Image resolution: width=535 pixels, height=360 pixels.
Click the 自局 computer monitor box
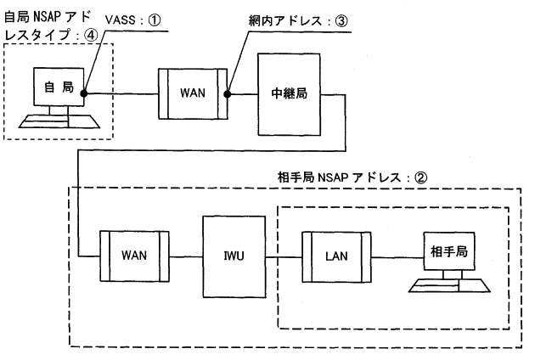point(59,87)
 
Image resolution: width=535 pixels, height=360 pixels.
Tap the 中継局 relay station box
point(289,94)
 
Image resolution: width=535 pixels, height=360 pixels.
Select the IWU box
point(234,256)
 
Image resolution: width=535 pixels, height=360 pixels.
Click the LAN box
point(336,257)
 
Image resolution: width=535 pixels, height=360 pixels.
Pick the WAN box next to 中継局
point(193,94)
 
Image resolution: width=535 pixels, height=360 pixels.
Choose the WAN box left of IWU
point(134,256)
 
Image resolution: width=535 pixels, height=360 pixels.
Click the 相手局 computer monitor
point(449,251)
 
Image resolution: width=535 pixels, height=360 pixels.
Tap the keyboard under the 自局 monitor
point(59,121)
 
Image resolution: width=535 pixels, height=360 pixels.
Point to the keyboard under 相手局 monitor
point(449,285)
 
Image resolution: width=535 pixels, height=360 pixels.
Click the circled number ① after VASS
point(155,20)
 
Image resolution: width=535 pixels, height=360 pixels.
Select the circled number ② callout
point(420,177)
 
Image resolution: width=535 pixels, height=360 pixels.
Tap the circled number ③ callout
point(341,21)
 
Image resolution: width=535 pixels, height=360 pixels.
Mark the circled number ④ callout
point(91,35)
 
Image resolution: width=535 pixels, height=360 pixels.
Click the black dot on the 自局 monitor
point(84,93)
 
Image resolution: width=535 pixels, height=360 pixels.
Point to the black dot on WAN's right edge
point(228,94)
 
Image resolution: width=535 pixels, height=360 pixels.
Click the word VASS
point(121,20)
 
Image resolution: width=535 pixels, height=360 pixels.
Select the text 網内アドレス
point(285,21)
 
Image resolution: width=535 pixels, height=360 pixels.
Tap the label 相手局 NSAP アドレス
point(339,177)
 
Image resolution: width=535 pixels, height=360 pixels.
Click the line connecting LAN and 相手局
point(397,257)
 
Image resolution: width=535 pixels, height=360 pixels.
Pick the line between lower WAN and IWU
point(186,256)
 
